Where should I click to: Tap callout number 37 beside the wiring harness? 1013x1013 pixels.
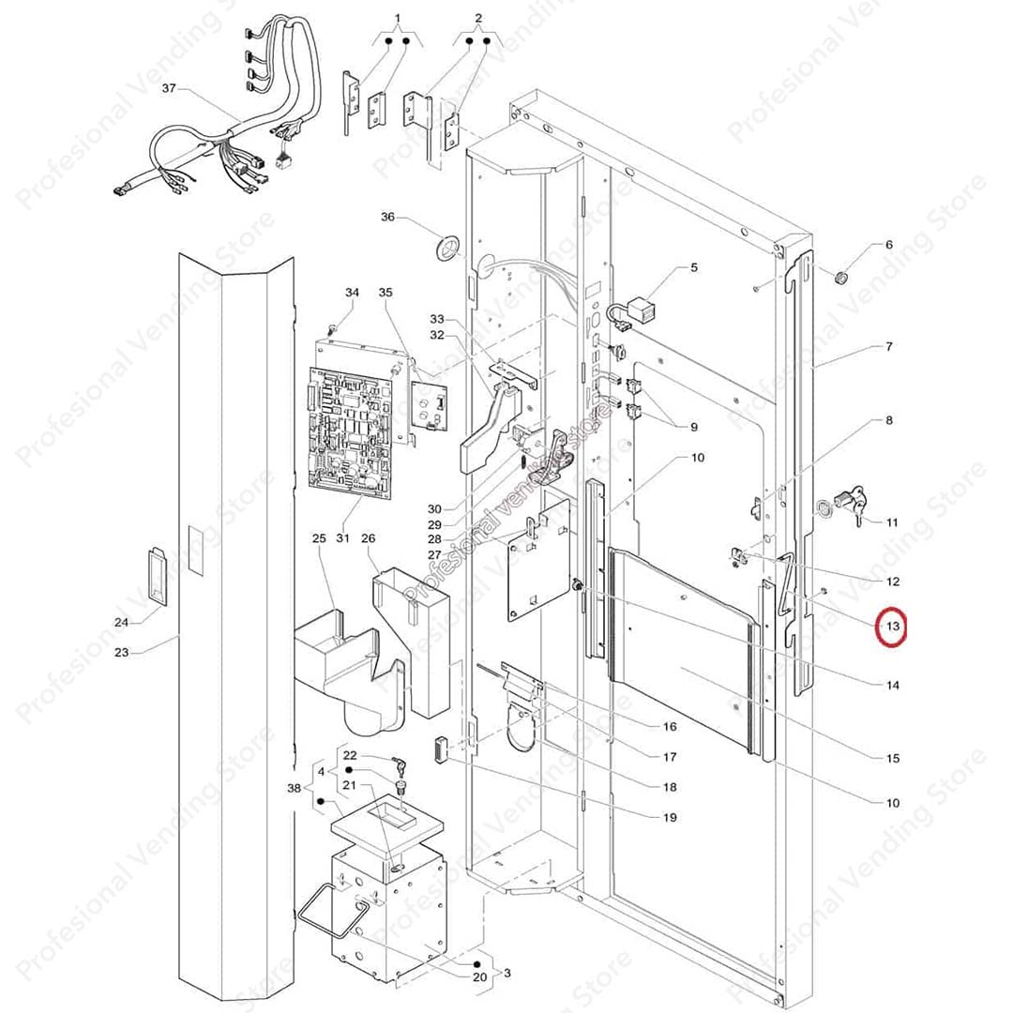(x=169, y=89)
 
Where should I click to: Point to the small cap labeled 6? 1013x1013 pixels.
(x=842, y=277)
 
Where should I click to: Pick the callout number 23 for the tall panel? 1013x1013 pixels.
(x=122, y=652)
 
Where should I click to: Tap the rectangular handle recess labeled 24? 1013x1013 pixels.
(x=155, y=576)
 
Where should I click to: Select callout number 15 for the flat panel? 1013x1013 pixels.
(x=892, y=758)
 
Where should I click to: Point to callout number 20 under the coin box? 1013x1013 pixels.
(x=479, y=977)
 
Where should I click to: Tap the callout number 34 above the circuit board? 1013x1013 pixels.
(x=352, y=294)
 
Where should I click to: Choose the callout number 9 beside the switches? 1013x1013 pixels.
(x=693, y=427)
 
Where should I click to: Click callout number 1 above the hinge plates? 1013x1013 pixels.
(x=397, y=19)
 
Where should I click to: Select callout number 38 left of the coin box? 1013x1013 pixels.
(x=295, y=789)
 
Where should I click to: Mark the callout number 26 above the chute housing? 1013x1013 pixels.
(x=369, y=538)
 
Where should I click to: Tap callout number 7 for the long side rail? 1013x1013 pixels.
(x=888, y=347)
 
